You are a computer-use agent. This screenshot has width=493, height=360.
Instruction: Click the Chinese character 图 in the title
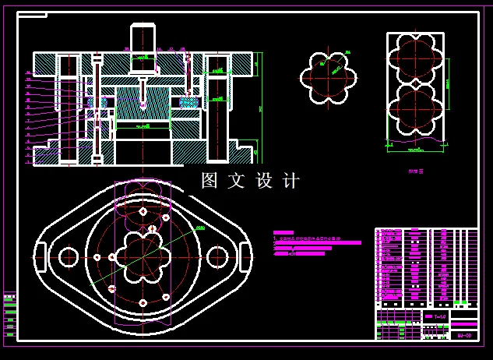click(210, 181)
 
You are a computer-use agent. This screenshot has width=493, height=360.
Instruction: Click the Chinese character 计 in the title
click(292, 181)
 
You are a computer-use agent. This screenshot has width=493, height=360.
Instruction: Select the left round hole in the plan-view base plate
click(68, 256)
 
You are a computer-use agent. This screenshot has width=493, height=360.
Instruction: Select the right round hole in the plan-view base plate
click(217, 256)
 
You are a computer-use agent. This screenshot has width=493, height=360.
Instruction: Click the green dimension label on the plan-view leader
click(200, 228)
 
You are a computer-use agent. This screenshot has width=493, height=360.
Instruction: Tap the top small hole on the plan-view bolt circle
click(143, 211)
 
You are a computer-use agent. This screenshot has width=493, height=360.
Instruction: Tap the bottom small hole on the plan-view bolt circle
click(143, 302)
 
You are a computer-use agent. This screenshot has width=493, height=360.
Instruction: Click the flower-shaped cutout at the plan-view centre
click(143, 256)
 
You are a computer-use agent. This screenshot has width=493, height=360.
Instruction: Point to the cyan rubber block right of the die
click(188, 101)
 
